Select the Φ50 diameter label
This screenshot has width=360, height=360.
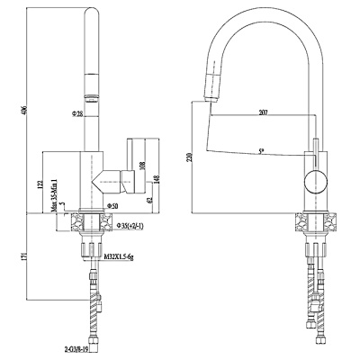(x=112, y=207)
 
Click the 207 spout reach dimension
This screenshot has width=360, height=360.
(x=264, y=112)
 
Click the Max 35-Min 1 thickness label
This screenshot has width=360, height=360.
(x=56, y=195)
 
